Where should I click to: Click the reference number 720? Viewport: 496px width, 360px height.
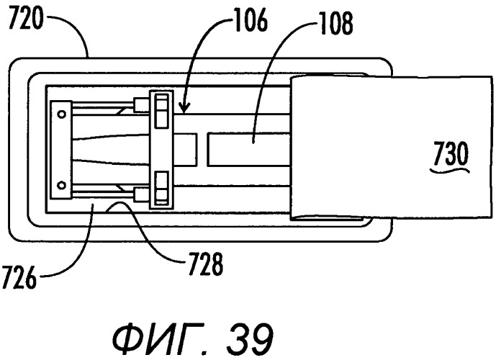click(x=25, y=19)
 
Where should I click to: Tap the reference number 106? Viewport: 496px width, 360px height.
click(x=251, y=20)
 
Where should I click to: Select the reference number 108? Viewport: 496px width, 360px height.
click(x=336, y=24)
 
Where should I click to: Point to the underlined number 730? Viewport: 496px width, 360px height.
click(x=451, y=154)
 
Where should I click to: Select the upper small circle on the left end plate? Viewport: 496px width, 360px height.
click(x=62, y=114)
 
